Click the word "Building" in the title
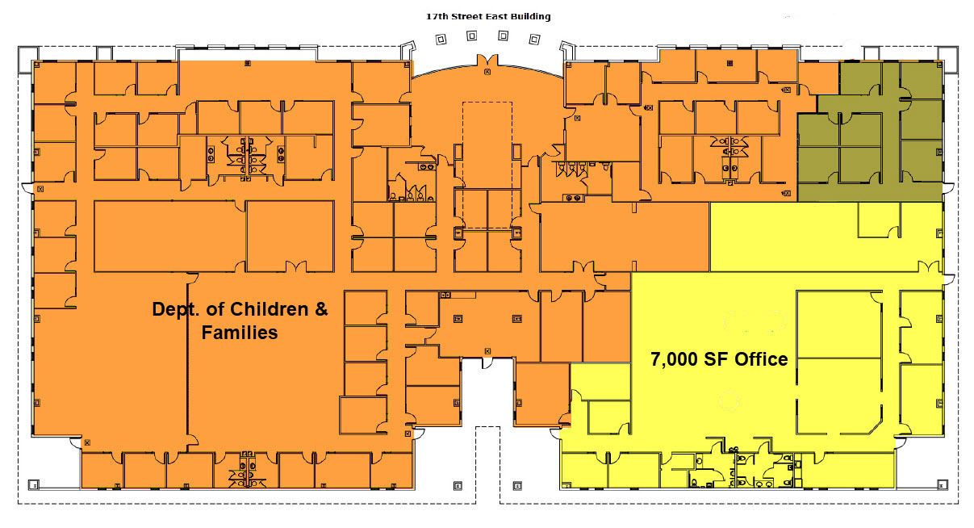coord(530,17)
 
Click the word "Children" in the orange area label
coord(269,309)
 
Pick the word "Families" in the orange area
coord(240,333)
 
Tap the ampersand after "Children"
coord(320,309)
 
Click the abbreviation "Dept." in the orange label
coord(177,310)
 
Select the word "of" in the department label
coord(215,309)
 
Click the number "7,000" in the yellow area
coord(674,360)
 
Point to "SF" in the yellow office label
coord(716,359)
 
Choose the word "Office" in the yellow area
coord(761,359)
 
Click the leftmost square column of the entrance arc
coord(441,40)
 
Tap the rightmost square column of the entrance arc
coord(534,40)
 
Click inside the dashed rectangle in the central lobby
coord(487,166)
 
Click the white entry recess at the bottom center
coord(487,392)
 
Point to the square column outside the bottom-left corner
coord(33,484)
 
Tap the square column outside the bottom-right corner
coord(942,484)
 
